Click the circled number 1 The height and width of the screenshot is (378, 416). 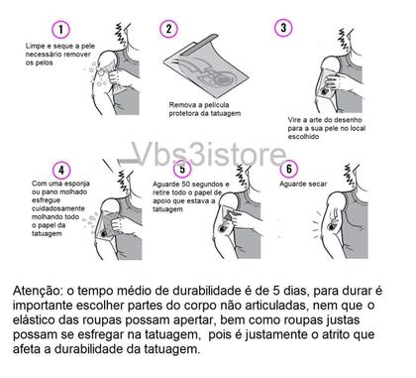pos(60,29)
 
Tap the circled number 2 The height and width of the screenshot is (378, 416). pos(168,29)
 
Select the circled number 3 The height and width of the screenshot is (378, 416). pos(283,28)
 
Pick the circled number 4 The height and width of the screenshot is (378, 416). pos(61,170)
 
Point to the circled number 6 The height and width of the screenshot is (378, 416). pos(289,169)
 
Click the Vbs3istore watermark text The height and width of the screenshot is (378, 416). pos(209,154)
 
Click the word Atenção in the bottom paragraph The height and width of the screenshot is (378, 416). pos(37,291)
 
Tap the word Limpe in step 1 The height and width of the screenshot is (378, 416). pos(35,47)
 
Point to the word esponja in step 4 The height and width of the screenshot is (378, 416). pos(77,184)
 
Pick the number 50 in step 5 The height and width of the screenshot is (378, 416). pos(185,184)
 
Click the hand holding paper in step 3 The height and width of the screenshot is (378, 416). pos(335,82)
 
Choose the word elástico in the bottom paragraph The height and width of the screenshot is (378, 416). pos(33,320)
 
